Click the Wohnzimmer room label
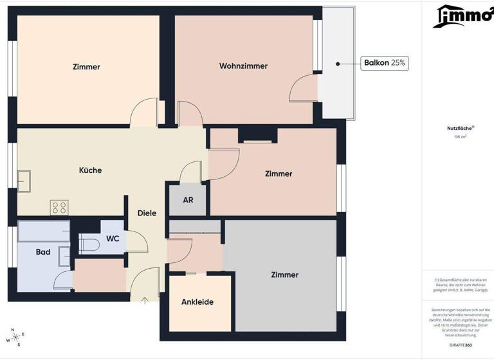pos(243,66)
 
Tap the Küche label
pos(90,170)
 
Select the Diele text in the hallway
pos(147,213)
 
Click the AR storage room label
pos(188,200)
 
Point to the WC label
pos(113,239)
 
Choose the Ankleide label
pos(197,301)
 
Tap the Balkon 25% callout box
pos(385,63)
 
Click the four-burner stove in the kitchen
pos(59,207)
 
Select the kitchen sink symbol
pos(24,181)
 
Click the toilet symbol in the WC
pos(89,244)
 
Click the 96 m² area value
pos(461,137)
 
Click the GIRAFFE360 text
pos(461,345)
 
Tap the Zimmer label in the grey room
pos(284,274)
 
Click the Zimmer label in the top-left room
pos(86,67)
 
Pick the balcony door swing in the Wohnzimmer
pos(304,89)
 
